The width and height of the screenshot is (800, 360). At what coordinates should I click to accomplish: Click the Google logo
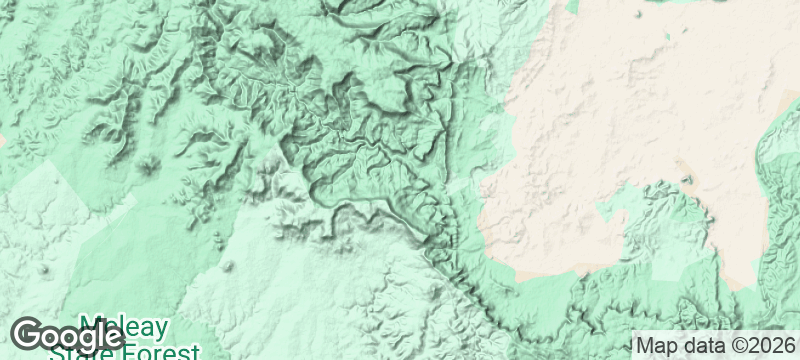coord(67,335)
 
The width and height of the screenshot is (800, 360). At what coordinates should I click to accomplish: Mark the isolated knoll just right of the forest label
coord(228,267)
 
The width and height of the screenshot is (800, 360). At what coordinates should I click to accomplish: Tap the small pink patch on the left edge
coord(3,141)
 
